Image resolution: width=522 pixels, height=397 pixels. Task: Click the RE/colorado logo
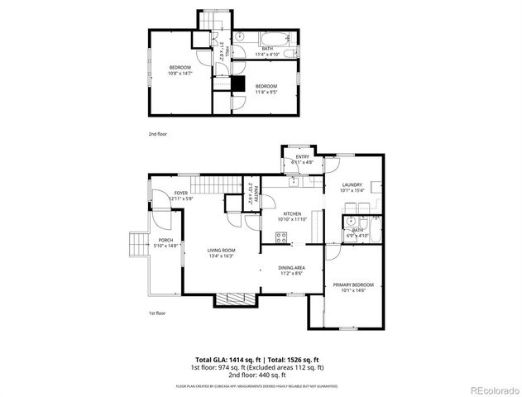coord(491,390)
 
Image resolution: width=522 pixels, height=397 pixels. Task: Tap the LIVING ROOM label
coord(221,251)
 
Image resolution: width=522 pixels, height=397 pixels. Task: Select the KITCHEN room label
coord(273,213)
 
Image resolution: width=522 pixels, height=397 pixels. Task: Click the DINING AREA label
coord(291,267)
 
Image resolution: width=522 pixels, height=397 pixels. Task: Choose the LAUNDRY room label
coord(351,185)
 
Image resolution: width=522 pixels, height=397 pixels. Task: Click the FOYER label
coord(180,193)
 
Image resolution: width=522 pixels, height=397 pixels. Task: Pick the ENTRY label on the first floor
coord(302,157)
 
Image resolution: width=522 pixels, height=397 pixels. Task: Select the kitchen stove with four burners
coord(282,239)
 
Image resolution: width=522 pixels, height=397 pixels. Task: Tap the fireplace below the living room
coord(235,300)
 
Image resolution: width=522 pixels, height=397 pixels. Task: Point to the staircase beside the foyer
coord(207,185)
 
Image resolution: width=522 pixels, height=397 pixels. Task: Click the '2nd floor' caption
coord(157,133)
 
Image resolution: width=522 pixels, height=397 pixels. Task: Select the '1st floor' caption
coord(157,313)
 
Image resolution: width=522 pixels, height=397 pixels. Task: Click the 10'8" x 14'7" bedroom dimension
coord(180,74)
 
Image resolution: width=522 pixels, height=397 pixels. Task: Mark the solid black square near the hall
coord(238,84)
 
